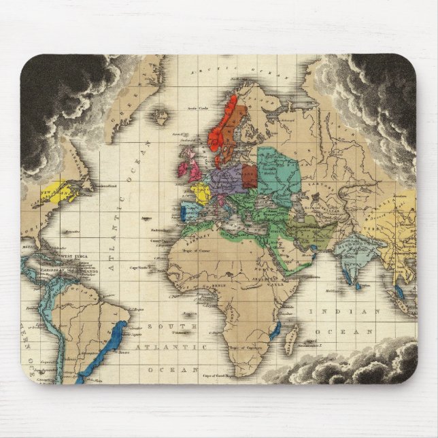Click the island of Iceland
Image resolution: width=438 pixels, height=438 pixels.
[161, 118]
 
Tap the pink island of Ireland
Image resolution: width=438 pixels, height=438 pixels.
[184, 169]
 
